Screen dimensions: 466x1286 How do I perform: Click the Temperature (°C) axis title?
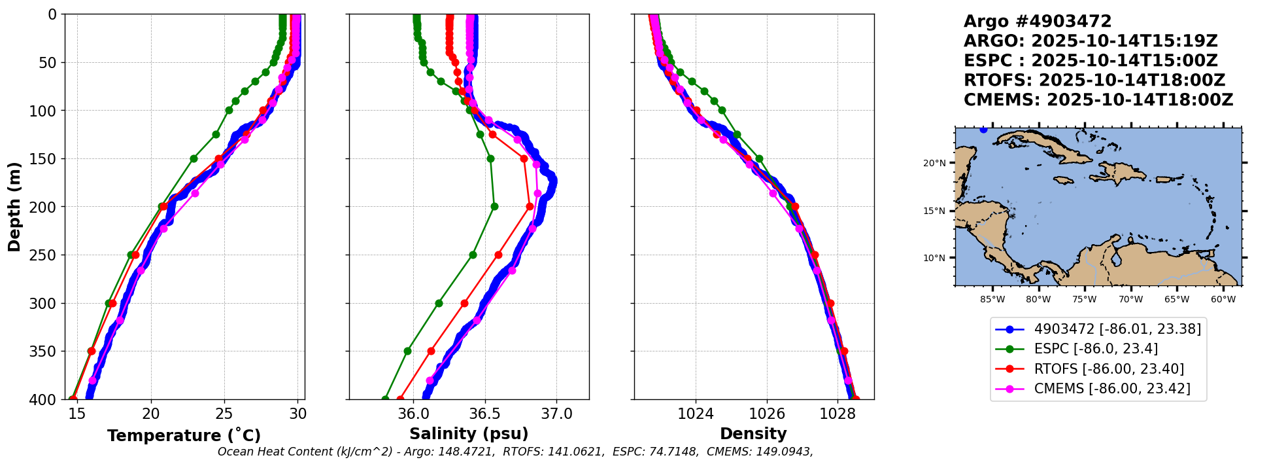(x=184, y=436)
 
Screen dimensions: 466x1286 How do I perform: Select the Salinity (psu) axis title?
(x=469, y=434)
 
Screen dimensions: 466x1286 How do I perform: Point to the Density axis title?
(x=753, y=434)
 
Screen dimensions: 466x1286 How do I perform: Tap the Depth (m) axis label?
(x=14, y=207)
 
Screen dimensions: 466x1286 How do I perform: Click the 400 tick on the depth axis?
(x=48, y=399)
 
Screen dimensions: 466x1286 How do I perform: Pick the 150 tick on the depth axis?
(x=48, y=159)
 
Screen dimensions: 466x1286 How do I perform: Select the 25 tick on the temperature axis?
(x=224, y=414)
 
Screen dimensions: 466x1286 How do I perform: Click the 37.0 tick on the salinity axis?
(x=556, y=414)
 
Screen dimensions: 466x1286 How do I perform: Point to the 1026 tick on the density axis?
(x=766, y=414)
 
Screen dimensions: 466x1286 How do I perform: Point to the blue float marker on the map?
(x=983, y=130)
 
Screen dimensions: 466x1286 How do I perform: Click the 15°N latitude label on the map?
(x=934, y=211)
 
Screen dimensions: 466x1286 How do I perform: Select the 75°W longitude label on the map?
(x=1084, y=300)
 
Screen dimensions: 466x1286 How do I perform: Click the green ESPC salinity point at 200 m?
(x=494, y=206)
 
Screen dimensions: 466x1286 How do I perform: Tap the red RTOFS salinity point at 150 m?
(x=524, y=158)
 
